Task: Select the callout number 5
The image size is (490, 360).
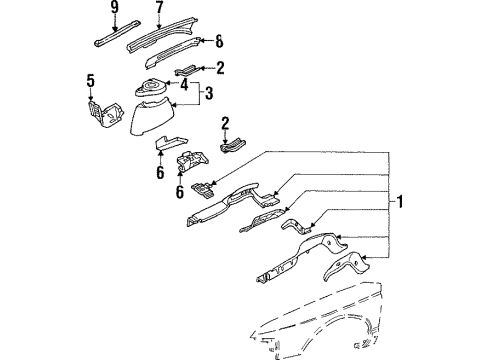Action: pos(91,81)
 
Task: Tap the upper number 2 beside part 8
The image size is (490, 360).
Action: pos(220,68)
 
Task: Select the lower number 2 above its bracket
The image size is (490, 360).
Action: pos(225,123)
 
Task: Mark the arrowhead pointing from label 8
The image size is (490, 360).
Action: pos(204,41)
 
